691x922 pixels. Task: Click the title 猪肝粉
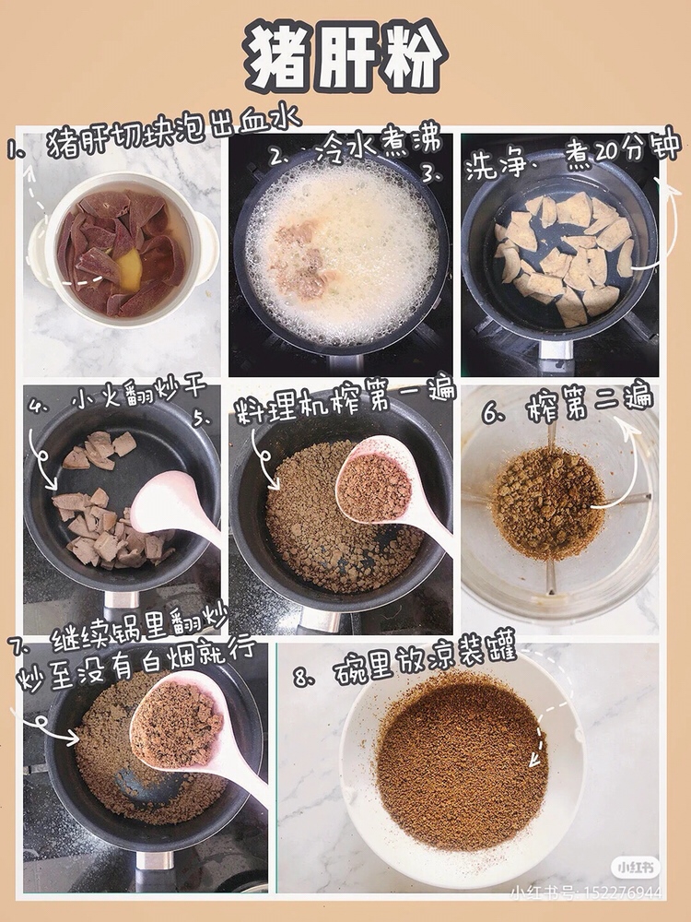click(x=345, y=56)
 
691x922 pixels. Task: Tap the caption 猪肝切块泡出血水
click(x=173, y=133)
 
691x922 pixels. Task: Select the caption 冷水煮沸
click(x=377, y=145)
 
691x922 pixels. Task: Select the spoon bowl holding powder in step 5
click(x=373, y=482)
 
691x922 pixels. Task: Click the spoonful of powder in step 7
click(x=176, y=722)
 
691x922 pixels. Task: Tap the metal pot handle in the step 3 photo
click(x=556, y=349)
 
